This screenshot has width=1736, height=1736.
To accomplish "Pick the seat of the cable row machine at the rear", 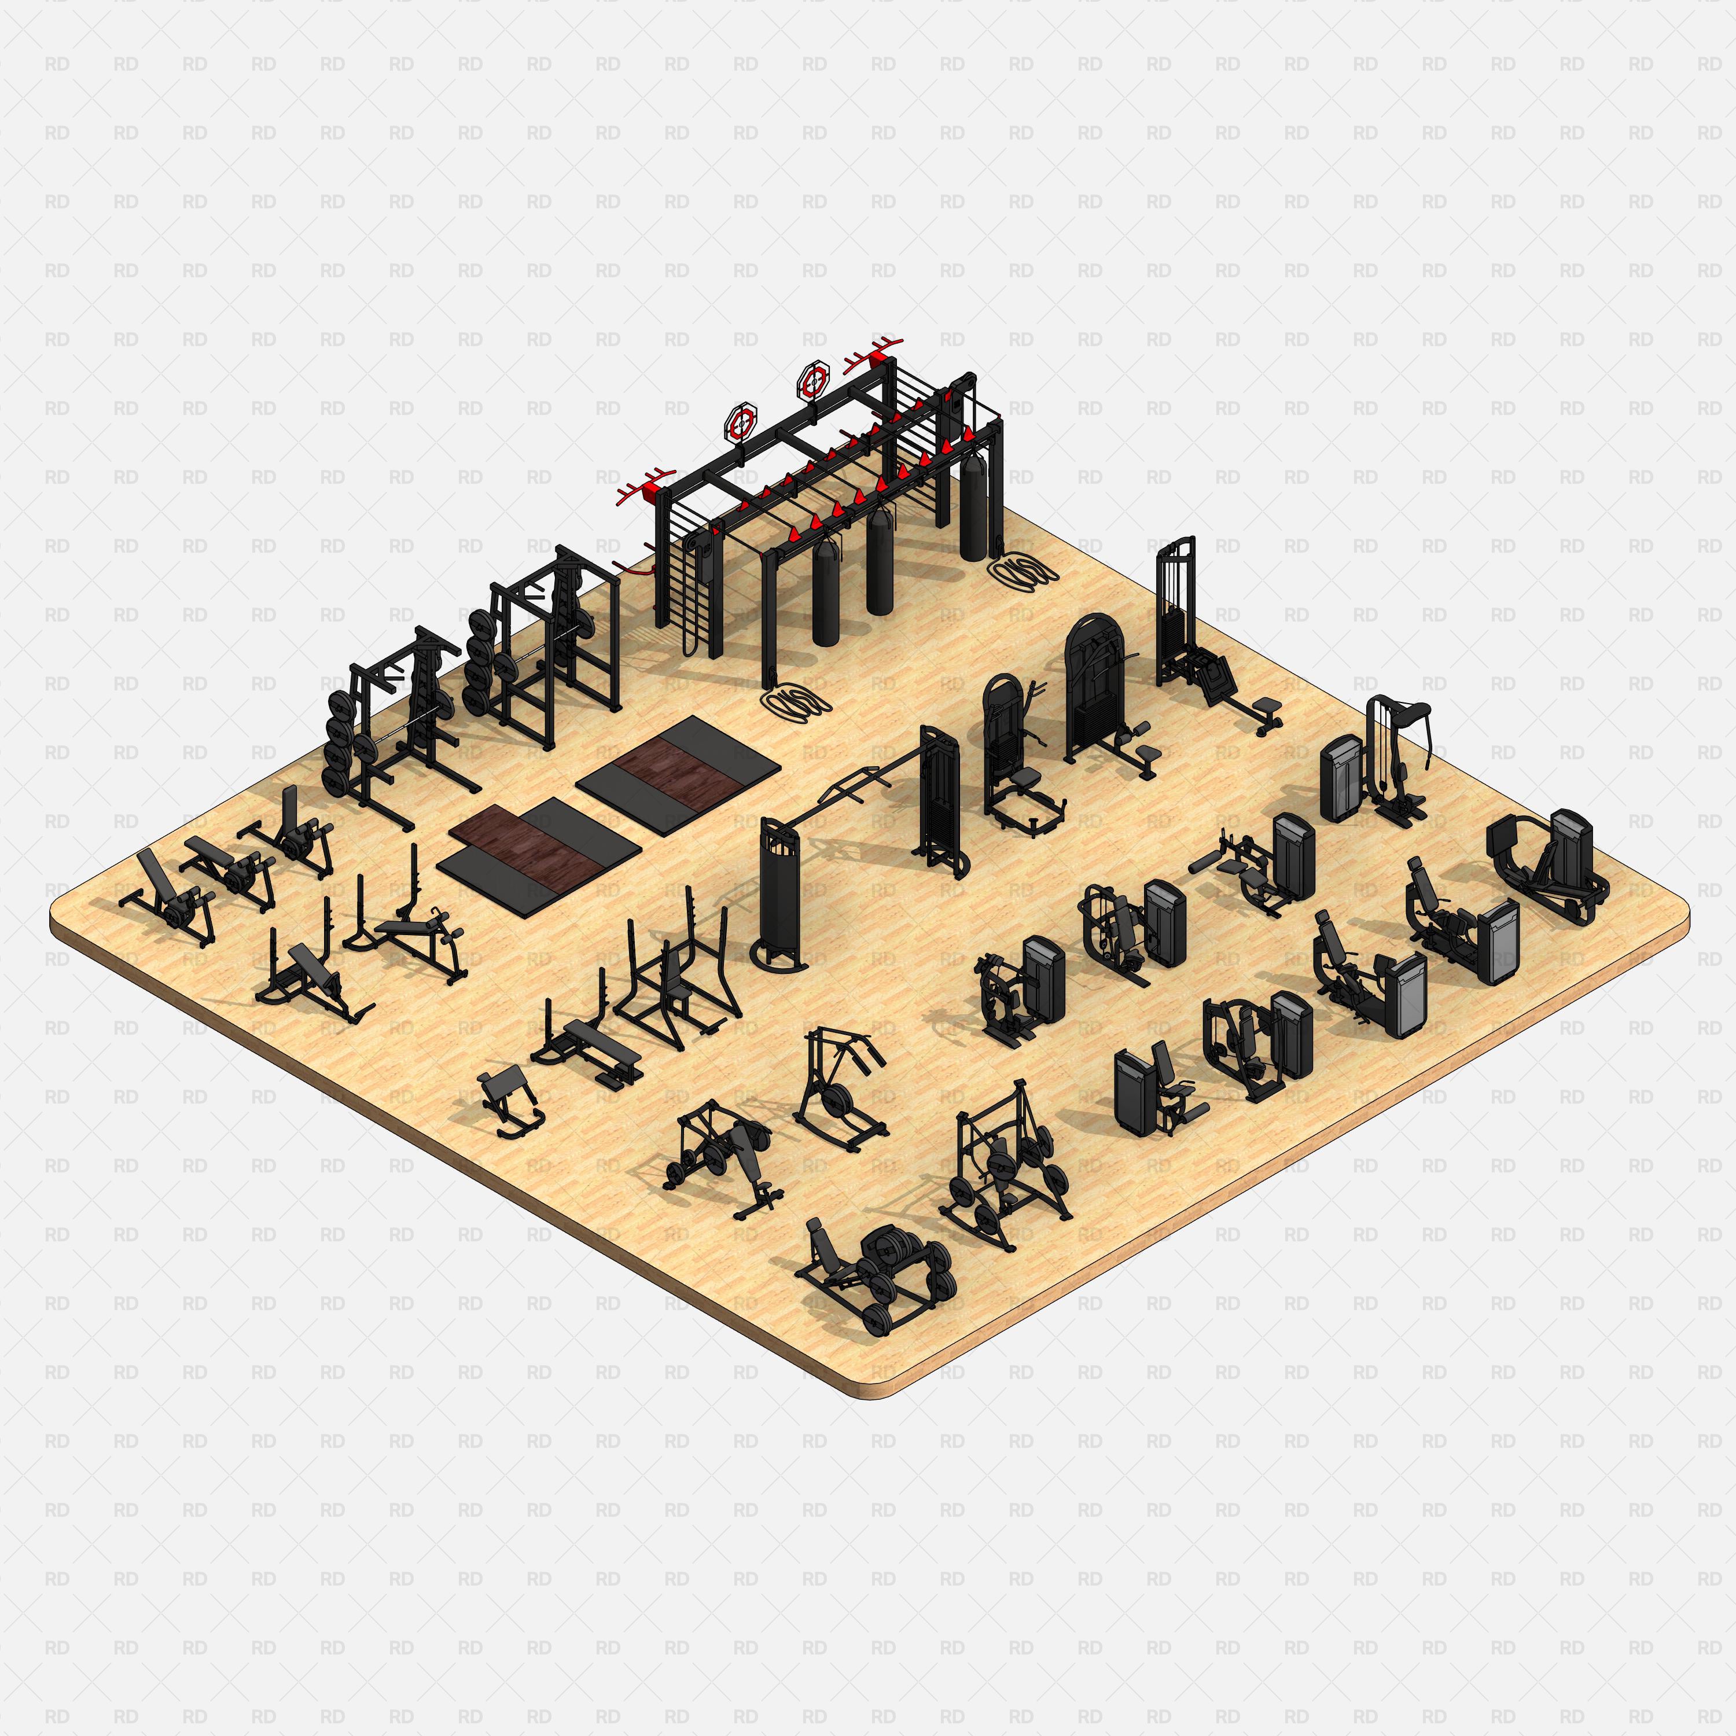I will (x=1267, y=705).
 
